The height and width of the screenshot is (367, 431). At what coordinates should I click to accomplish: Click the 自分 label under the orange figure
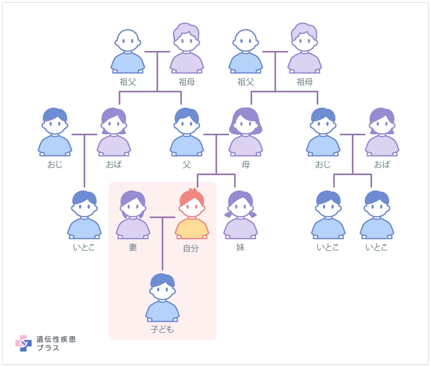click(x=191, y=248)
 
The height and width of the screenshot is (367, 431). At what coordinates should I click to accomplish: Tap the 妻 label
click(x=133, y=248)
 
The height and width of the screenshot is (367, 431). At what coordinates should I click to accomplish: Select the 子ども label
click(x=162, y=329)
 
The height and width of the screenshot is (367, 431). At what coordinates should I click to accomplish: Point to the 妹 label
click(x=240, y=248)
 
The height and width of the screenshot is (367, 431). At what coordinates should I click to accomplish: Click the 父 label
click(x=187, y=164)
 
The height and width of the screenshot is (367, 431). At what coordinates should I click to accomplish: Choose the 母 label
click(x=246, y=164)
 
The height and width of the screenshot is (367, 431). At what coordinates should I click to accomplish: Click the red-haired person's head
click(x=192, y=204)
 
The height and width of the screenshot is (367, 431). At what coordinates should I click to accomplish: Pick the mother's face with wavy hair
click(x=246, y=124)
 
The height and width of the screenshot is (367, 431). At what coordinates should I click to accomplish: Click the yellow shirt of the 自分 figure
click(x=192, y=229)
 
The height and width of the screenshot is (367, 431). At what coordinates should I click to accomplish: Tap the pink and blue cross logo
click(x=23, y=343)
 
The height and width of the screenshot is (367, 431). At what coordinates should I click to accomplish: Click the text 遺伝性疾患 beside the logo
click(x=56, y=339)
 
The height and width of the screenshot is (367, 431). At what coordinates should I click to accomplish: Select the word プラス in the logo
click(x=48, y=348)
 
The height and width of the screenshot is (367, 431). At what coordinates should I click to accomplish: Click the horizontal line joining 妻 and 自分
click(x=162, y=217)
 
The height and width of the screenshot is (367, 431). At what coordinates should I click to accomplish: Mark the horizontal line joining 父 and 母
click(x=216, y=134)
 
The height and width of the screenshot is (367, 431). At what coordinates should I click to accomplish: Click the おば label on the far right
click(x=382, y=164)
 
